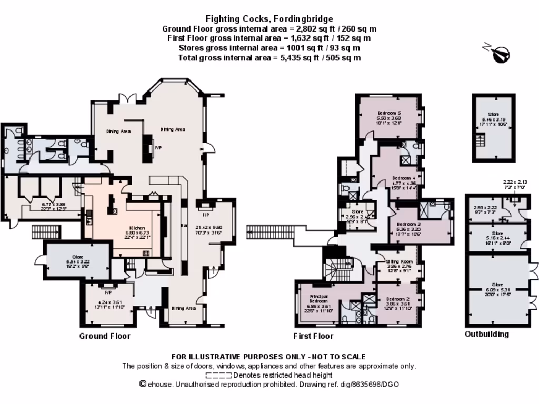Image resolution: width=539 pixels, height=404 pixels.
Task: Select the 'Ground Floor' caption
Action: click(x=105, y=336)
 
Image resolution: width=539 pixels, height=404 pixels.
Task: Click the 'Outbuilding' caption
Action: click(x=487, y=334)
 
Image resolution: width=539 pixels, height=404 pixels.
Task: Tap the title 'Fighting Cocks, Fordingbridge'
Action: click(x=269, y=19)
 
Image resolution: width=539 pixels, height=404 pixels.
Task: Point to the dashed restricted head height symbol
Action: click(x=218, y=376)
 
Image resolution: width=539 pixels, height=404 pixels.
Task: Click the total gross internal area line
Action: click(x=269, y=58)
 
